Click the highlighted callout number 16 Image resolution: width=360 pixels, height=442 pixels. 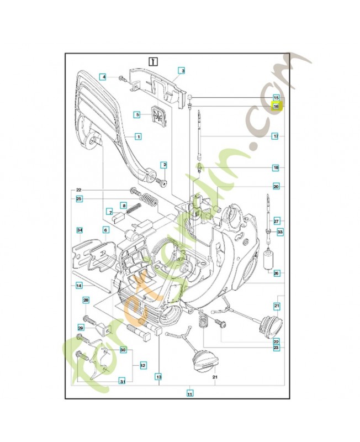(276, 106)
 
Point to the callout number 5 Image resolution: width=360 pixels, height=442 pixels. (138, 114)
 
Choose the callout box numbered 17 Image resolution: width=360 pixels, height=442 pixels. (275, 135)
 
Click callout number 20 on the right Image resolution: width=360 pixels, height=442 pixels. (276, 186)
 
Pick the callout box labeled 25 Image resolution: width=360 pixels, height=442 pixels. (79, 198)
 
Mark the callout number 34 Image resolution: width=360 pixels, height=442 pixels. (79, 230)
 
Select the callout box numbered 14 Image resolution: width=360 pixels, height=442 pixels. (79, 285)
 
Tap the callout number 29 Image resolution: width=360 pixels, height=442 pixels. (81, 328)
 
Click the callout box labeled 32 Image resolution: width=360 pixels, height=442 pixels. (142, 365)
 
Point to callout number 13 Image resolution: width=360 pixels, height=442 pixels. (158, 377)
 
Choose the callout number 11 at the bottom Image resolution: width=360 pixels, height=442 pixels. (189, 394)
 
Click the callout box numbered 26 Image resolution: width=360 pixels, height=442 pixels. (276, 272)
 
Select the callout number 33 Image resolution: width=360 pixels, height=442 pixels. (280, 232)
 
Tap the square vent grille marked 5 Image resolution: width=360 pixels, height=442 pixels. (158, 117)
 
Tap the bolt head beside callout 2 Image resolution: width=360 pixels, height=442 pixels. (164, 180)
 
